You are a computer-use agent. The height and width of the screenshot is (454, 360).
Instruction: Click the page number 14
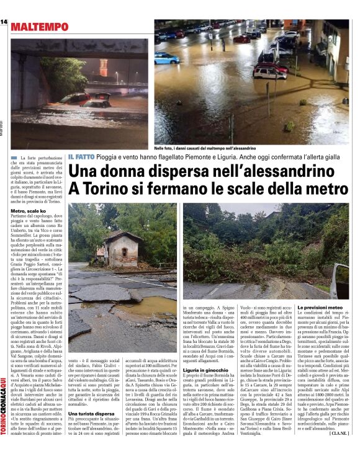point(4,22)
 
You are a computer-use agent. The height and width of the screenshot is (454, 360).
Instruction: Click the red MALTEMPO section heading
point(39,27)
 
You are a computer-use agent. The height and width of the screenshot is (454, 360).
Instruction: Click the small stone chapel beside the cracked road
point(117,246)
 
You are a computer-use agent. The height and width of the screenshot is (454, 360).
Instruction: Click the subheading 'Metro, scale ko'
point(26,212)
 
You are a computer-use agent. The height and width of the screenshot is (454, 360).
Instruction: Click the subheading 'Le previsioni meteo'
point(320,308)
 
